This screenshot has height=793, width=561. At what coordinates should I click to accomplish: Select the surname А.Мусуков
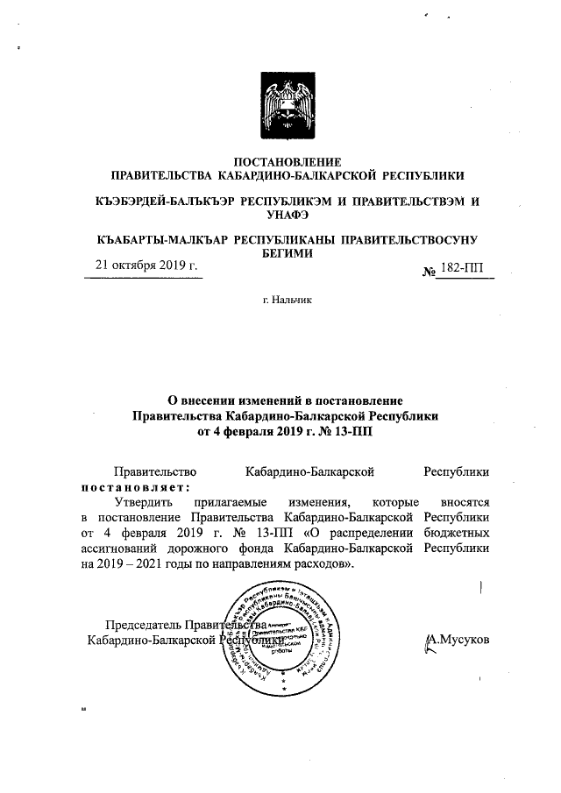[x=457, y=639]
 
